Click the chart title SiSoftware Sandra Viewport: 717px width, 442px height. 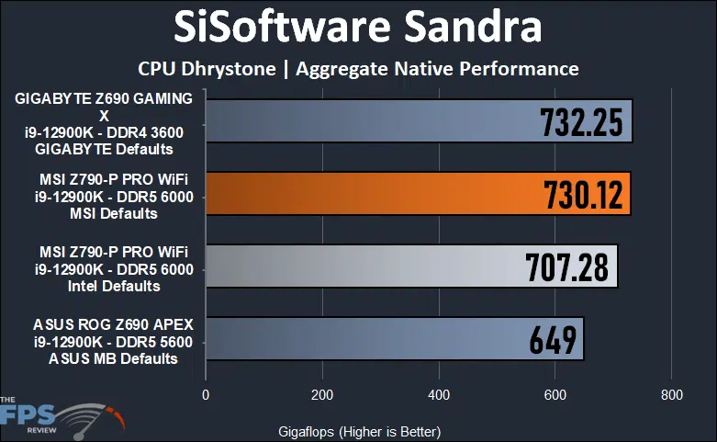pyautogui.click(x=358, y=28)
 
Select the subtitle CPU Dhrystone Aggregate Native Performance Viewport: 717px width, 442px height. pyautogui.click(x=358, y=69)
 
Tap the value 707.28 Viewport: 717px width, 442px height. pyautogui.click(x=566, y=266)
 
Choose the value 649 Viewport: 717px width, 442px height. pyautogui.click(x=553, y=339)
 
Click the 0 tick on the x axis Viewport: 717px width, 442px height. pyautogui.click(x=206, y=395)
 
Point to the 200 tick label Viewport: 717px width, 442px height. pyautogui.click(x=322, y=395)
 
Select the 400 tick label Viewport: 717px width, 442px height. pyautogui.click(x=439, y=395)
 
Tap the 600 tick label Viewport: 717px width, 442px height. pyautogui.click(x=555, y=395)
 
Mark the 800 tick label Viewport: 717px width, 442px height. pyautogui.click(x=671, y=395)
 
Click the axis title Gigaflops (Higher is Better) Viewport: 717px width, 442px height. pyautogui.click(x=359, y=431)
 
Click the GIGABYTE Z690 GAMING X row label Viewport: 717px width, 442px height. pyautogui.click(x=104, y=122)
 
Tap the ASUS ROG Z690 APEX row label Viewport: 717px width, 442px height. pyautogui.click(x=104, y=339)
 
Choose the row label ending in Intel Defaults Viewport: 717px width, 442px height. pyautogui.click(x=104, y=266)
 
